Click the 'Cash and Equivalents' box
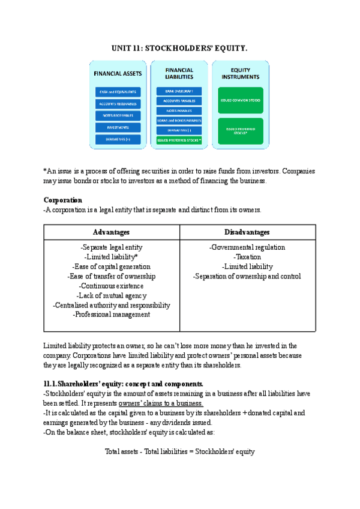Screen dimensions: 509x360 (118, 92)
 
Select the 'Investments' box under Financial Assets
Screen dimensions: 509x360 (118, 127)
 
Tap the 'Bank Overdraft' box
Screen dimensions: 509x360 (179, 91)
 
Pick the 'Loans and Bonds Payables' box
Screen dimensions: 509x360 (179, 120)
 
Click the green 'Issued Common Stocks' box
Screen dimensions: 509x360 (241, 101)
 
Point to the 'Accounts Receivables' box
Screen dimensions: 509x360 (118, 104)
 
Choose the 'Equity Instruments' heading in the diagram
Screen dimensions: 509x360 (241, 74)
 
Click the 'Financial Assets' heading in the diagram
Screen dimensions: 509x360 (118, 74)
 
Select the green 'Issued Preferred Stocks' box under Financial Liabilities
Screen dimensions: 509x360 (179, 140)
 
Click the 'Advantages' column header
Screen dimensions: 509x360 (112, 232)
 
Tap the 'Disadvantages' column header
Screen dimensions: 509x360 (247, 232)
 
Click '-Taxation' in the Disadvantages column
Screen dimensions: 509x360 (247, 257)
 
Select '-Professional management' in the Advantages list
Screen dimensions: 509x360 (112, 315)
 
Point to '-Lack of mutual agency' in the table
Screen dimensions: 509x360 (112, 295)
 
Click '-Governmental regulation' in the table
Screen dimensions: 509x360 (247, 247)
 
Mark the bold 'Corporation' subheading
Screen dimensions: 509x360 (63, 200)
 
